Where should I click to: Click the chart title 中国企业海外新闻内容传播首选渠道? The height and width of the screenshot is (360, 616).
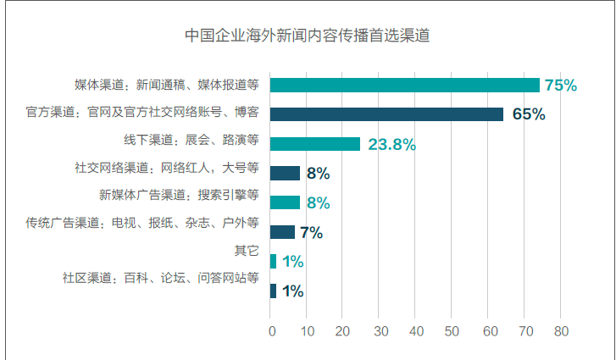tap(308, 36)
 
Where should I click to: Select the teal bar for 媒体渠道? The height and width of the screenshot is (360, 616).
tap(405, 85)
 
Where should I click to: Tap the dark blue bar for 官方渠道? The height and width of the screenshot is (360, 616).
tap(386, 114)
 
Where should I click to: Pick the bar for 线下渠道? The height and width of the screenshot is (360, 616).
tap(315, 144)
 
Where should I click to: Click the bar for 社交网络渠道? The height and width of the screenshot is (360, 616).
tap(285, 174)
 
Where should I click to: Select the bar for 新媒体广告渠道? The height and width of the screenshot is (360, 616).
tap(285, 202)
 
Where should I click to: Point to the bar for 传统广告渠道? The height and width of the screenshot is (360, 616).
tap(282, 232)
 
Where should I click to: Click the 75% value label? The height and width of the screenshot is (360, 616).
tap(561, 86)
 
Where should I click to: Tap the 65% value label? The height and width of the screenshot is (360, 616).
tap(528, 114)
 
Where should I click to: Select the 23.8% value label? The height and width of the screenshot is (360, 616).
tap(391, 144)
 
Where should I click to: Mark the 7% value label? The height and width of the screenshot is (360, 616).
tap(311, 232)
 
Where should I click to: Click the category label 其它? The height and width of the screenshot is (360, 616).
tap(246, 251)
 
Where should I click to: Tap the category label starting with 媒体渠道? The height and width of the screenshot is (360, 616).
tap(166, 85)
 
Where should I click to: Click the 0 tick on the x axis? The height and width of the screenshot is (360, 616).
tap(271, 331)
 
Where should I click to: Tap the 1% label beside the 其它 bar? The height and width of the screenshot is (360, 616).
tap(293, 262)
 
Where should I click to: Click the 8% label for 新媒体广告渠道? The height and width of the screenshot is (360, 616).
tap(319, 203)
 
